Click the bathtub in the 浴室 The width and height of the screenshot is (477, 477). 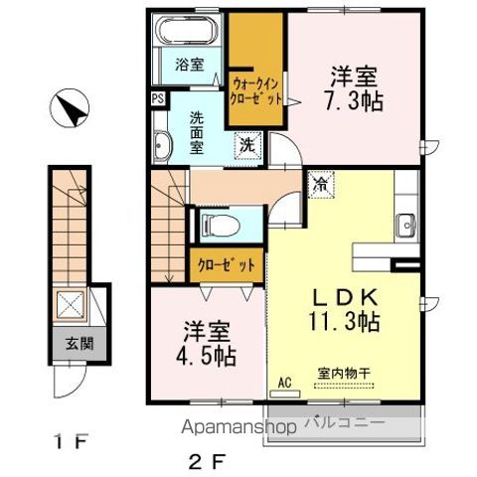(187, 30)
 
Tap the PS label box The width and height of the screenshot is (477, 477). (158, 98)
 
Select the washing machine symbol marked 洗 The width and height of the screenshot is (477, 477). (247, 146)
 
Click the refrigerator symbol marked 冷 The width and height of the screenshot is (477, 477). (321, 184)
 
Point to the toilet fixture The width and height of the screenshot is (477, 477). (220, 226)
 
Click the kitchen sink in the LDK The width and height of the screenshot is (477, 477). (406, 226)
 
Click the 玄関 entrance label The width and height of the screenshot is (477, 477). (79, 344)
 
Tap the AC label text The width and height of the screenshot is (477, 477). (284, 383)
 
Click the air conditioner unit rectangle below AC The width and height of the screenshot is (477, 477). (285, 395)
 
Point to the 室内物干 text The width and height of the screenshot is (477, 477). (344, 374)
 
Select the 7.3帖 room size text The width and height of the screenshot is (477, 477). (353, 101)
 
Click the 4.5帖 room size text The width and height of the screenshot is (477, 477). (206, 356)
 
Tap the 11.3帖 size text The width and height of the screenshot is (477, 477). (344, 321)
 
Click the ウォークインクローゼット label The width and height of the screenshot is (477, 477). (255, 91)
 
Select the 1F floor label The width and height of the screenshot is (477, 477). (71, 442)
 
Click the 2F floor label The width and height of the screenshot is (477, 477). (208, 462)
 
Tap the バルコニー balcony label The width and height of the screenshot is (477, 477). (345, 422)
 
